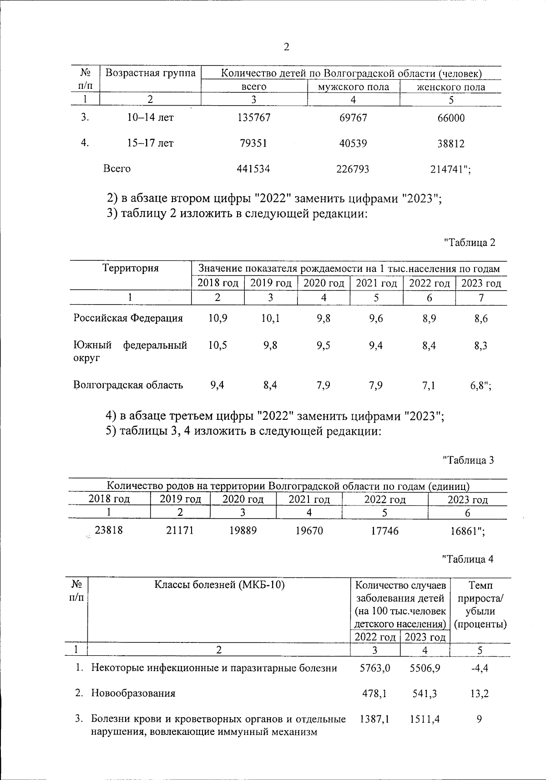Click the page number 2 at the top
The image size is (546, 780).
(x=287, y=47)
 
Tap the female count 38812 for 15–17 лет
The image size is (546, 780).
(x=450, y=144)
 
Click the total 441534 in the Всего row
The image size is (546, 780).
(x=253, y=169)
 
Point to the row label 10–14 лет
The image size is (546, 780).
(x=150, y=117)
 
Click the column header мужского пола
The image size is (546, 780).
(x=354, y=87)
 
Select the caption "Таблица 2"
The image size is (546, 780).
(x=469, y=242)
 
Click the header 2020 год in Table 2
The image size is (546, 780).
(x=324, y=283)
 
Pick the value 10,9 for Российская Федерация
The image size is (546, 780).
(x=217, y=318)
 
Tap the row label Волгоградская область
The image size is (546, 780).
(x=128, y=385)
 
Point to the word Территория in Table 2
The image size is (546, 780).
(x=131, y=268)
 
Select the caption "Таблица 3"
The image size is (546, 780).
(x=468, y=460)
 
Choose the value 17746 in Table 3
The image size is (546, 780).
(x=384, y=531)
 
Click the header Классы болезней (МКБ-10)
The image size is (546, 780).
(x=219, y=585)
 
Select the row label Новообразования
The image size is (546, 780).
(x=133, y=693)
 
